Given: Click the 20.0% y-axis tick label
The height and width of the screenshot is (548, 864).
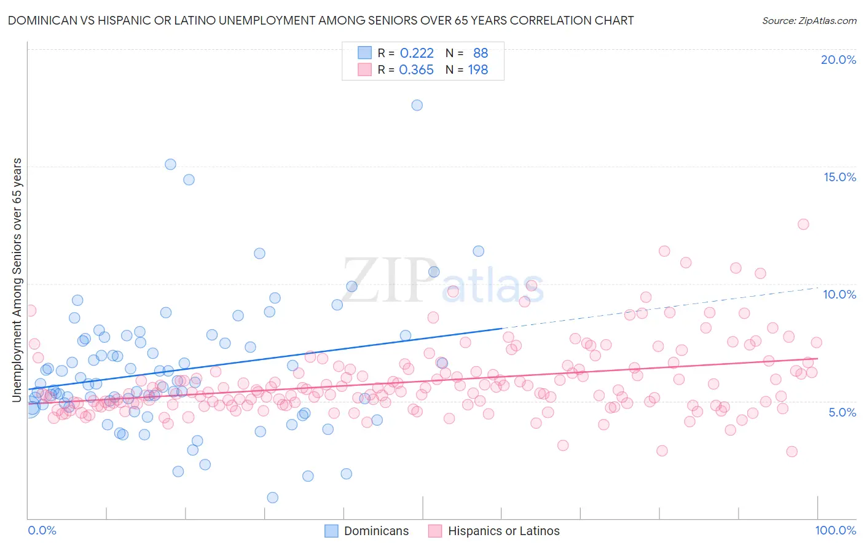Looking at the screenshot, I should [838, 60].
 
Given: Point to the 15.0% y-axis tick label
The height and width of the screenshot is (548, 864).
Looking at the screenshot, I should [839, 177].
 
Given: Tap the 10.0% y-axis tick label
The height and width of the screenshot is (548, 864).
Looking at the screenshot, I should [839, 294].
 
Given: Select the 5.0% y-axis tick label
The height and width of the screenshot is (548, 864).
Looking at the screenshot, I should [842, 412].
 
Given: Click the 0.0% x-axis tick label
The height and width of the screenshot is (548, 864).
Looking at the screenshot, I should [42, 530].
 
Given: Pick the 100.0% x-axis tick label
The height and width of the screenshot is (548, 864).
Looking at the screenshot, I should [835, 530].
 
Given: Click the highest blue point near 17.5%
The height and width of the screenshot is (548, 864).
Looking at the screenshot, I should [417, 105].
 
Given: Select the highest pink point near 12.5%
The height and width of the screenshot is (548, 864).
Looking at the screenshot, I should [803, 224].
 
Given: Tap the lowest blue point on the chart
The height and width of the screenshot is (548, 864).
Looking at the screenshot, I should [272, 498].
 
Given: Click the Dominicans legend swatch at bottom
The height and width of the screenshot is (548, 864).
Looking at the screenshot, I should [331, 531].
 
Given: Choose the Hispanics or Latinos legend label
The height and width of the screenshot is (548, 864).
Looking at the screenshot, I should [504, 531].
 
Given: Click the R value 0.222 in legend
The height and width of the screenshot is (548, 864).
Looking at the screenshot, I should [417, 53].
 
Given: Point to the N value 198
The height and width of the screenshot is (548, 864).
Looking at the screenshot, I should [478, 70].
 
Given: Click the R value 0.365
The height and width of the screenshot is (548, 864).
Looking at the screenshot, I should [417, 70].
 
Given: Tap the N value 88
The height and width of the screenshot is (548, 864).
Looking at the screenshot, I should [481, 53].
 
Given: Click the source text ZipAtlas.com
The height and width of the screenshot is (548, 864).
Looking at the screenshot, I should [809, 21].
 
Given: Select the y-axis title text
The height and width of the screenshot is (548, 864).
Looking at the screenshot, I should [17, 280].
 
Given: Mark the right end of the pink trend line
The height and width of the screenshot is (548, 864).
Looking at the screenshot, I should [818, 358].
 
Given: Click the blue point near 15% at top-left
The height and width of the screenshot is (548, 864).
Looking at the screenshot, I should [170, 164].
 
